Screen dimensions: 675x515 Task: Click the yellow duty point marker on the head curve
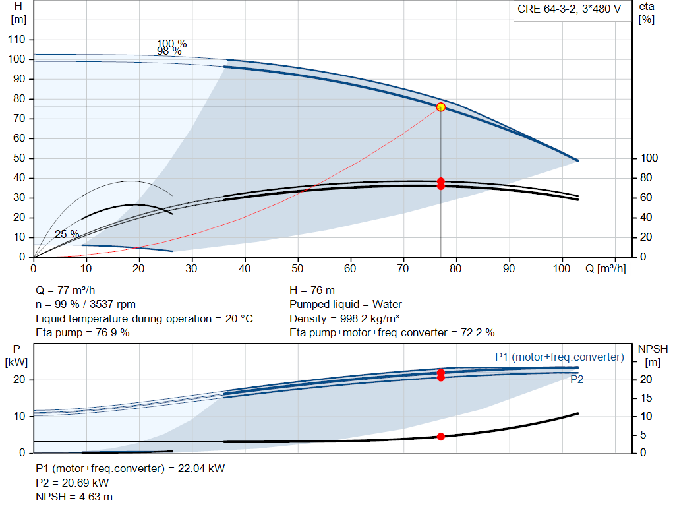pyautogui.click(x=441, y=107)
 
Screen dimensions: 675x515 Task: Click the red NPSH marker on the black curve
pyautogui.click(x=441, y=437)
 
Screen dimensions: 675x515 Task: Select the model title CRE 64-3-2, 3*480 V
pyautogui.click(x=569, y=9)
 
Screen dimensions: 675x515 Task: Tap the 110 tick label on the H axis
pyautogui.click(x=16, y=39)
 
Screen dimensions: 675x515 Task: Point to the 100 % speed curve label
pyautogui.click(x=172, y=44)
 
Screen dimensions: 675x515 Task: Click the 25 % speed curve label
pyautogui.click(x=67, y=234)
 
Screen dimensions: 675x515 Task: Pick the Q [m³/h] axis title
pyautogui.click(x=606, y=268)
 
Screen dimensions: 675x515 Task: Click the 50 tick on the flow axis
pyautogui.click(x=297, y=268)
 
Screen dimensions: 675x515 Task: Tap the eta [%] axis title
pyautogui.click(x=647, y=13)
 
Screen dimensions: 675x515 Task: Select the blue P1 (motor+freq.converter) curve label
pyautogui.click(x=559, y=357)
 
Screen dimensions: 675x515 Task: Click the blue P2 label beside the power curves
pyautogui.click(x=577, y=379)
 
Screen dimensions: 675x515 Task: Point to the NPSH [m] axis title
pyautogui.click(x=653, y=355)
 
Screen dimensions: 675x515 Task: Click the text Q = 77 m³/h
pyautogui.click(x=65, y=290)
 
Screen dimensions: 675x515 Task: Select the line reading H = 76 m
pyautogui.click(x=312, y=290)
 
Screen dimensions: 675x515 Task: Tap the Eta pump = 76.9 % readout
pyautogui.click(x=82, y=332)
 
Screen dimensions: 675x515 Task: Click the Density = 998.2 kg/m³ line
pyautogui.click(x=344, y=318)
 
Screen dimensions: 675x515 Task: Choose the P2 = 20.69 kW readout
pyautogui.click(x=73, y=483)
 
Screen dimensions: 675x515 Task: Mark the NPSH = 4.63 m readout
pyautogui.click(x=74, y=497)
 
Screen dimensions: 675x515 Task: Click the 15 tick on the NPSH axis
pyautogui.click(x=646, y=398)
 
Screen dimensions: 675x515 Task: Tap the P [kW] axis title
pyautogui.click(x=16, y=355)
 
